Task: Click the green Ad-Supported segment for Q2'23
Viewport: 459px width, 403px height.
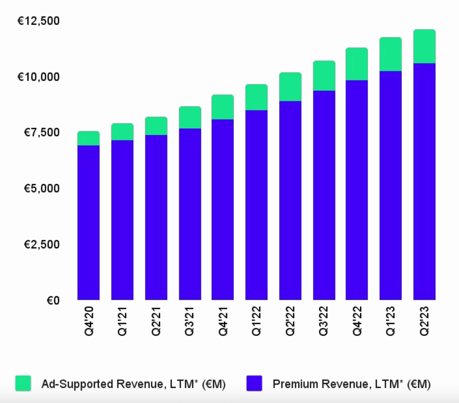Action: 424,46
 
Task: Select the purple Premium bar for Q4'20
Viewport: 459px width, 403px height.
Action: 88,222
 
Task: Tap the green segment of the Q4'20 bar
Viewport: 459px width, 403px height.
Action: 88,138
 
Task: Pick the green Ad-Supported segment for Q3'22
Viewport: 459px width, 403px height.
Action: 324,76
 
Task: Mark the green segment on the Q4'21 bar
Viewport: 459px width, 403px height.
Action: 223,107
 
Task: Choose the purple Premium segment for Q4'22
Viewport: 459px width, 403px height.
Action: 357,190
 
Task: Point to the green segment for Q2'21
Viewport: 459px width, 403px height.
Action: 156,126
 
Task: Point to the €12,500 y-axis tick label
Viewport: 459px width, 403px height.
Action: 38,21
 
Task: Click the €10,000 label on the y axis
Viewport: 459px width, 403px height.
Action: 38,77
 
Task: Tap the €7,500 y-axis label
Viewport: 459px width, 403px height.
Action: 41,132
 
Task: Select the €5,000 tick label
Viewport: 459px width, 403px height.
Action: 41,188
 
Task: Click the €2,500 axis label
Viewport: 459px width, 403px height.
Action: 41,244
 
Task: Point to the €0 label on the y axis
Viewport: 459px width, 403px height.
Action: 53,300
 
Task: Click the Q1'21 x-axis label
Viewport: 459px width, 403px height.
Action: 122,321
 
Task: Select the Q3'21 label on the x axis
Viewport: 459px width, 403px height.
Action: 189,321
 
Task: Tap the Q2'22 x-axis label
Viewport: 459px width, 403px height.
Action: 290,321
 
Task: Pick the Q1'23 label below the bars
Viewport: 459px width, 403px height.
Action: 390,321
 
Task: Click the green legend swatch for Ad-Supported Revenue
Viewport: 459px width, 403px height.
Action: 23,383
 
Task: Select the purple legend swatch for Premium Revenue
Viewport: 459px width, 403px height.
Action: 254,383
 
